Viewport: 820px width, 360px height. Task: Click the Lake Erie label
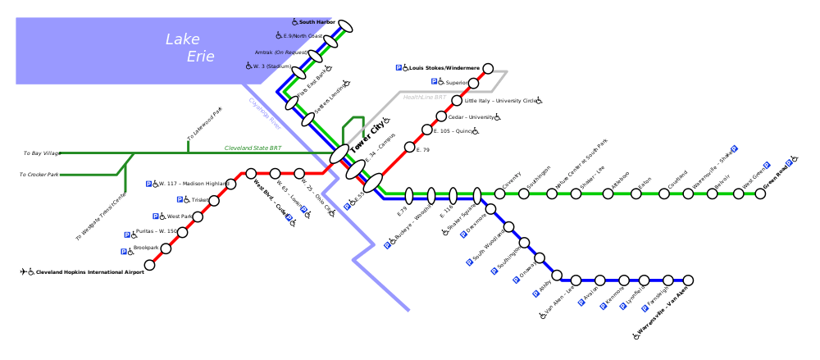(x=190, y=48)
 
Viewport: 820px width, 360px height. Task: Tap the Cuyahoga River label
(x=265, y=114)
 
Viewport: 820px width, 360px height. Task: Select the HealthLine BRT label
(x=425, y=98)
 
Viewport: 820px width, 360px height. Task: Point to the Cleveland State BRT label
(x=253, y=148)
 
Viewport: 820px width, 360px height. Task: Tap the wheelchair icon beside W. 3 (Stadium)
(x=248, y=66)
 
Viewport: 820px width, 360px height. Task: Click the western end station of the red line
(x=149, y=265)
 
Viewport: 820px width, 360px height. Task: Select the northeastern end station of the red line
(x=488, y=69)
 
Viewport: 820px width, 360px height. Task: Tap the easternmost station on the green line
(x=760, y=194)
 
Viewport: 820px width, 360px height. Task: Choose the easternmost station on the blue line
(x=688, y=280)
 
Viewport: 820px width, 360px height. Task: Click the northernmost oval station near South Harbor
(x=345, y=26)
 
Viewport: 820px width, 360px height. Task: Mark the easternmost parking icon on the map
(x=789, y=162)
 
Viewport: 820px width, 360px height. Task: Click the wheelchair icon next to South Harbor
(x=294, y=22)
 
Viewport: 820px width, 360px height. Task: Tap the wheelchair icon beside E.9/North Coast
(x=279, y=35)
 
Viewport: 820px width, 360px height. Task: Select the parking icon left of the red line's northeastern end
(x=399, y=67)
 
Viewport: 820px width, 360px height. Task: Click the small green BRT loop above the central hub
(x=353, y=128)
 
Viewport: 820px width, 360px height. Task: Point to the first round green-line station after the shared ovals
(x=499, y=194)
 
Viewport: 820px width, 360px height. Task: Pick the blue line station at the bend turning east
(x=557, y=276)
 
